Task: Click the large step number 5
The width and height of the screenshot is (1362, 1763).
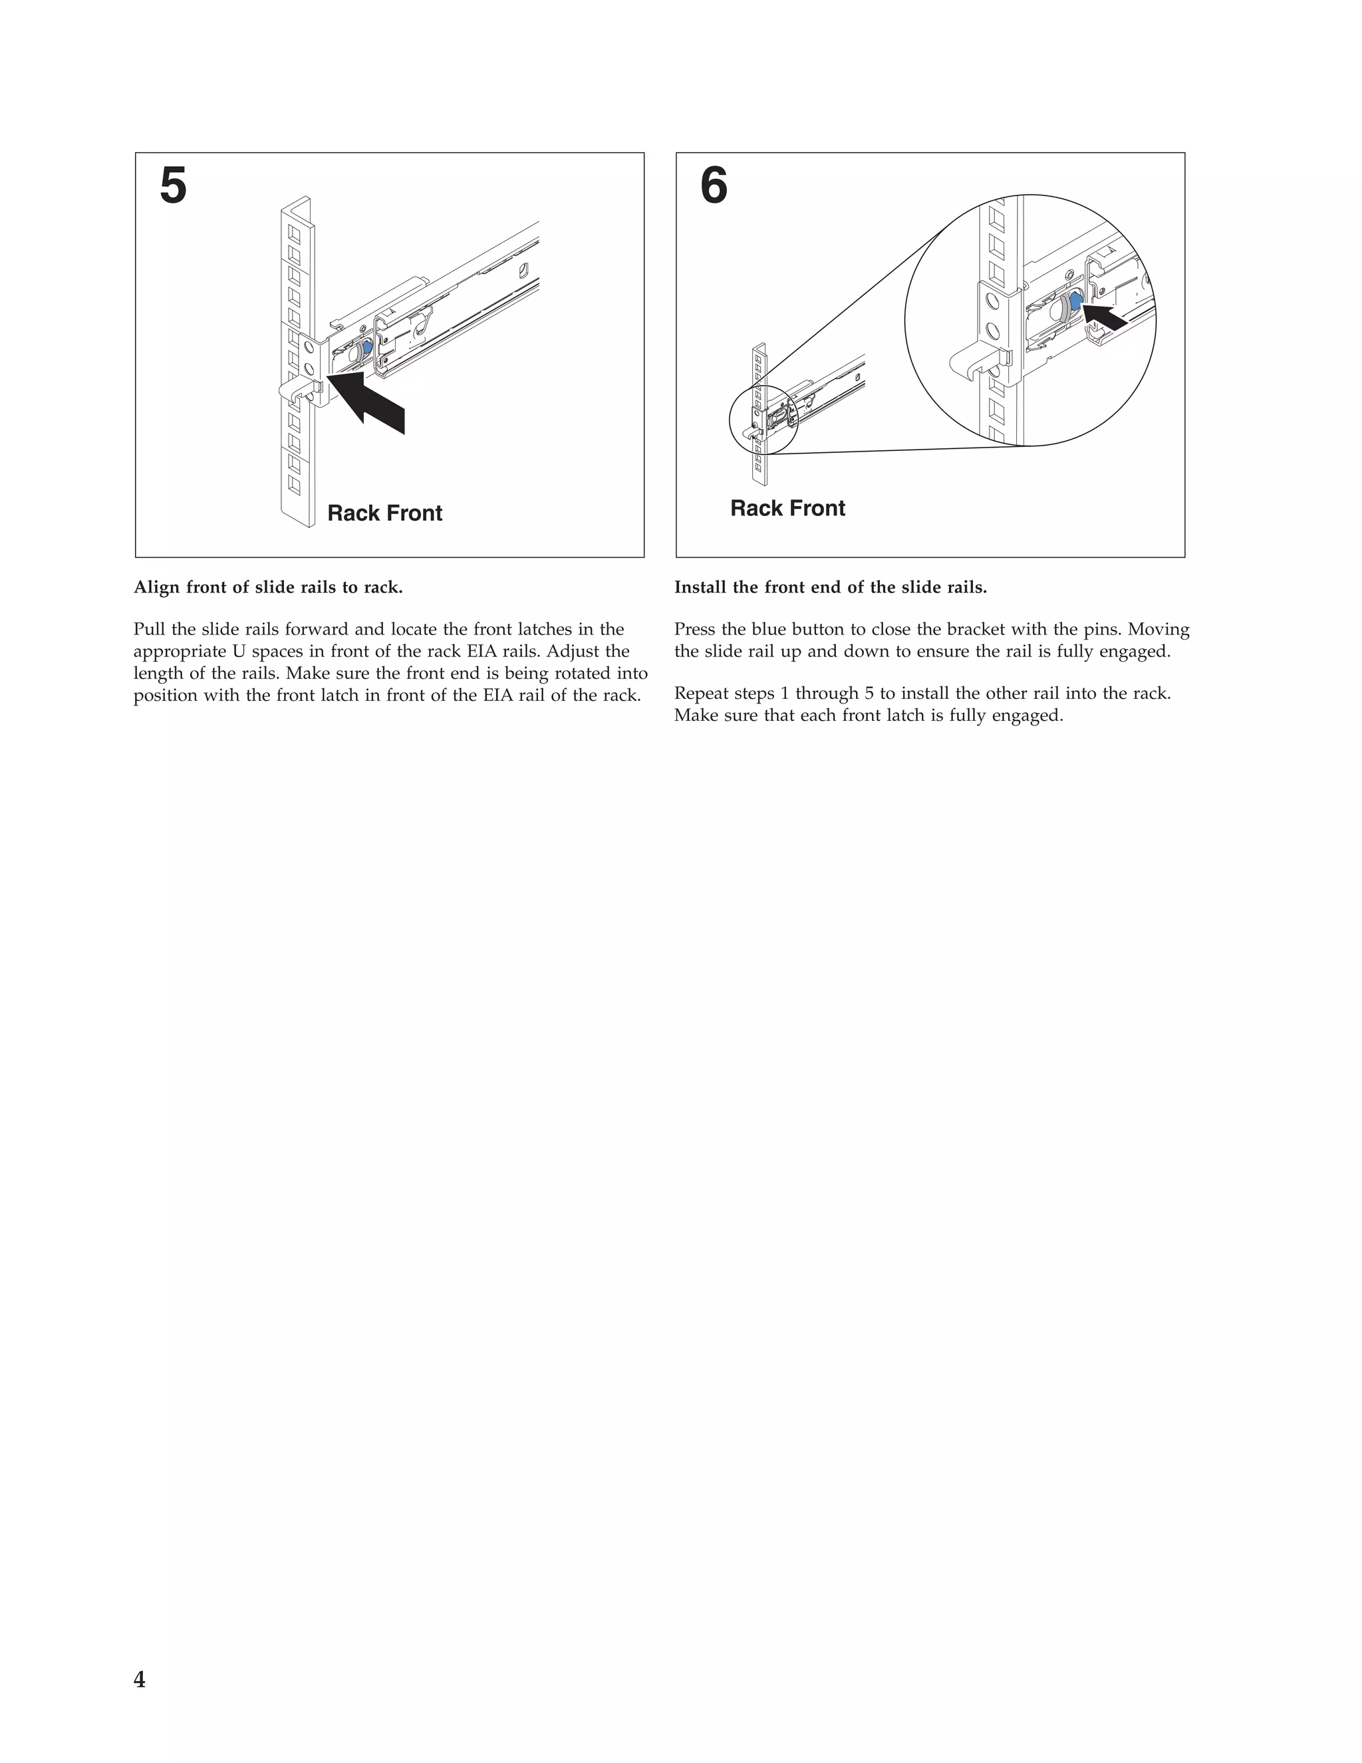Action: point(174,186)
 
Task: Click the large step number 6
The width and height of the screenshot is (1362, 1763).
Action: point(714,186)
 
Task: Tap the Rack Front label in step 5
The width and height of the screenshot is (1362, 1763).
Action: point(384,513)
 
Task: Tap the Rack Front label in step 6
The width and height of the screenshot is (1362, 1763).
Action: point(787,509)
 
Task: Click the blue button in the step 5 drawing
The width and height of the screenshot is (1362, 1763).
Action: point(367,347)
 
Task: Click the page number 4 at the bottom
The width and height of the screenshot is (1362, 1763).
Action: point(140,1680)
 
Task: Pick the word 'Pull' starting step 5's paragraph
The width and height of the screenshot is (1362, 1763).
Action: point(150,630)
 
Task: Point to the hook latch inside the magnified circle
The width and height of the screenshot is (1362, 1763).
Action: point(969,360)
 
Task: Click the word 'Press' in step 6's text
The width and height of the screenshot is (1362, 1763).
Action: point(694,630)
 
